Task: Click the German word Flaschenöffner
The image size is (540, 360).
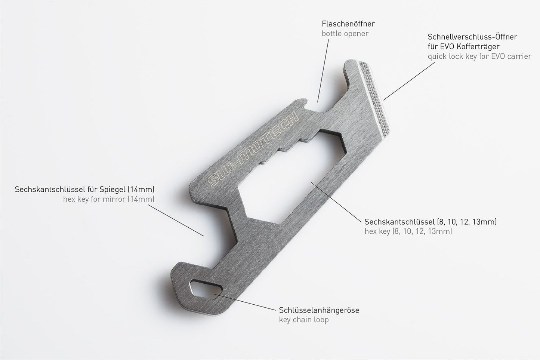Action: [x=348, y=24]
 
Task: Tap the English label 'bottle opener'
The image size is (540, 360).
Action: [x=345, y=34]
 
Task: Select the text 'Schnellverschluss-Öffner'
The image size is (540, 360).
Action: [x=472, y=37]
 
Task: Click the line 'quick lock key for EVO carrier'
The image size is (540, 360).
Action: [x=479, y=57]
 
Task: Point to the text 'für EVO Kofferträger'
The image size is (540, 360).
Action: [x=464, y=47]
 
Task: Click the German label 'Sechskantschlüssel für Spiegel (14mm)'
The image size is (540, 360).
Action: [x=84, y=189]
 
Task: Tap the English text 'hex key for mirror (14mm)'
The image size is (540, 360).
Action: [x=109, y=199]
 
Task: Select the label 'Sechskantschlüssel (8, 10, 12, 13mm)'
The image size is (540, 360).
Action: [x=431, y=222]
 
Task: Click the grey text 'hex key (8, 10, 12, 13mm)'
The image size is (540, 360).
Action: [x=408, y=231]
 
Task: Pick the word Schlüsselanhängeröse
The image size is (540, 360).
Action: [x=319, y=310]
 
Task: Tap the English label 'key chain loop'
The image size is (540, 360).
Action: [x=304, y=320]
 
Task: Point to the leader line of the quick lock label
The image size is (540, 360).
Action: [x=409, y=81]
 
